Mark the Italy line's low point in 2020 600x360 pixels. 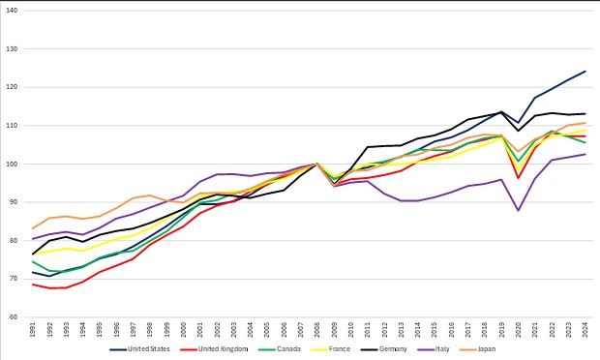519,210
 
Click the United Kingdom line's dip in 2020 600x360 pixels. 519,178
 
